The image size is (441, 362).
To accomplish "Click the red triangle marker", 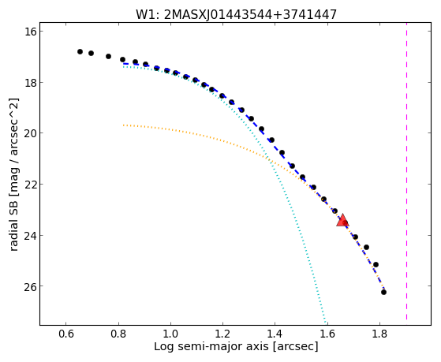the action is tap(342, 221).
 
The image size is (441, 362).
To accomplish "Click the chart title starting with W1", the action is tap(236, 15).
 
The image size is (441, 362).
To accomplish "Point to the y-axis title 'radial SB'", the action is tap(13, 174).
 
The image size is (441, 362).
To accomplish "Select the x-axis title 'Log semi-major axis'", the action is tap(236, 346).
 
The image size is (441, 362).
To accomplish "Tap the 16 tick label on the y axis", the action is tap(29, 32).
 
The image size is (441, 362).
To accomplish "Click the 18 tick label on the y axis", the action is tap(29, 82).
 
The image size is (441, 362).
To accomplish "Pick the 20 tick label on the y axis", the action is tap(29, 133).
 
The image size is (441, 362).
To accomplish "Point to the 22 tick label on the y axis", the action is tap(29, 185).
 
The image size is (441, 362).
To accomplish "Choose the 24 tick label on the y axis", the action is tap(29, 235).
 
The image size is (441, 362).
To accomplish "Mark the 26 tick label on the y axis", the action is tap(29, 286).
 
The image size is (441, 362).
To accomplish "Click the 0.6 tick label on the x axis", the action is tap(65, 334).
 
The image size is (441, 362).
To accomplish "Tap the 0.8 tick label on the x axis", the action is tap(118, 334).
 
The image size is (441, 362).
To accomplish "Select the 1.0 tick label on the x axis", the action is tap(170, 334).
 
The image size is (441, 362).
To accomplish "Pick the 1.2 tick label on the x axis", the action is tap(222, 334).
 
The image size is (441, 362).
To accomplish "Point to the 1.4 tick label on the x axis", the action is tap(275, 334).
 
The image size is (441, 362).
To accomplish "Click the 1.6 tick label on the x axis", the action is tap(327, 334).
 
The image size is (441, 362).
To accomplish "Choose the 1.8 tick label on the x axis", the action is tap(379, 334).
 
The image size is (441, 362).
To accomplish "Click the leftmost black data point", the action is tap(80, 51).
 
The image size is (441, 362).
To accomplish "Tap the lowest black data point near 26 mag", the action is tap(383, 293).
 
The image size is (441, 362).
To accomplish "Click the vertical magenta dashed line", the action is tap(407, 174).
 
